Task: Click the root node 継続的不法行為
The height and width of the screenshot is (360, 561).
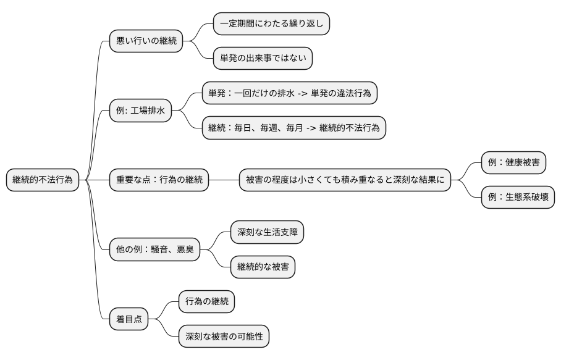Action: [x=43, y=180]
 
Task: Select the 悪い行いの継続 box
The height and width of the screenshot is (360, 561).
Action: [x=146, y=41]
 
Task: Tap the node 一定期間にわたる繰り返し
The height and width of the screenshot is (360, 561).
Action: [x=271, y=24]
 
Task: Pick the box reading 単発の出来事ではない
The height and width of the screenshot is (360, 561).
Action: [x=263, y=59]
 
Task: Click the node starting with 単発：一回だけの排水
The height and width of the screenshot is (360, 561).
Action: [x=289, y=93]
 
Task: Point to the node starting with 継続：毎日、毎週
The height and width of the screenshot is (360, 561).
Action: [x=293, y=128]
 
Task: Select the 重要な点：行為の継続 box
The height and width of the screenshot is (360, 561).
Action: [x=159, y=180]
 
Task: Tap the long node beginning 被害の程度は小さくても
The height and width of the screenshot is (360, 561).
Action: [x=345, y=180]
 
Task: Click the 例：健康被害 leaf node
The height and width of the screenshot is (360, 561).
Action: [x=513, y=163]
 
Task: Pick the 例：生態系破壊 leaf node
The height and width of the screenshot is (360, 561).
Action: [x=518, y=198]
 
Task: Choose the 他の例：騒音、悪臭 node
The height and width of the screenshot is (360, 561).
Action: [x=154, y=250]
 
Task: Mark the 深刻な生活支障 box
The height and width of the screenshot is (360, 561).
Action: [x=267, y=233]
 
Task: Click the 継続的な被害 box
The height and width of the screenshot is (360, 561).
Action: [x=263, y=267]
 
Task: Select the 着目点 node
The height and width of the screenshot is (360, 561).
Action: [x=129, y=319]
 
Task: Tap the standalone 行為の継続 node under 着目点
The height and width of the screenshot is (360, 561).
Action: [x=206, y=302]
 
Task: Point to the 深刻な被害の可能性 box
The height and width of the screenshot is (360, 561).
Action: [x=224, y=337]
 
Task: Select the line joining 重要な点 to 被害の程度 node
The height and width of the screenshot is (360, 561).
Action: [x=224, y=180]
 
